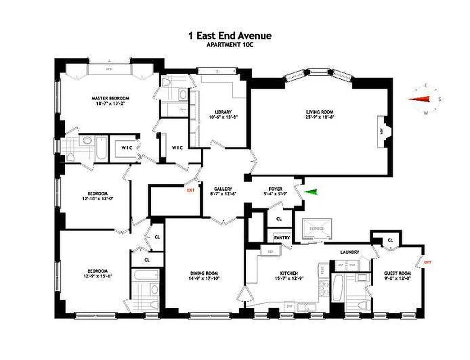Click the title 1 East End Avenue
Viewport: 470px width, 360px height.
[230, 36]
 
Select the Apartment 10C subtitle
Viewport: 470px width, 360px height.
[230, 45]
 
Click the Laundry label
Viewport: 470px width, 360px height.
[349, 252]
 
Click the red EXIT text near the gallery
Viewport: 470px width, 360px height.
[190, 190]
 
